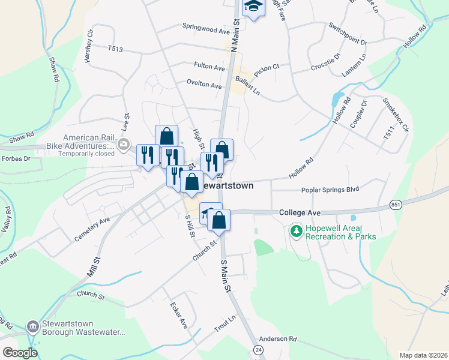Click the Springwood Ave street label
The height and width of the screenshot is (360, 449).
(206, 28)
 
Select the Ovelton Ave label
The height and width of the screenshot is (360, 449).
(204, 85)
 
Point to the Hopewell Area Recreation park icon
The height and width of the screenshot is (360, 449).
(295, 230)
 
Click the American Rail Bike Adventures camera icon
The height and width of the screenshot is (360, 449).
(124, 143)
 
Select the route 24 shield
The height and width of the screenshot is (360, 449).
(259, 349)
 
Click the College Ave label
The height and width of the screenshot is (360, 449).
(300, 213)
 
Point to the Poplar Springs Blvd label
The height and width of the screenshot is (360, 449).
(330, 190)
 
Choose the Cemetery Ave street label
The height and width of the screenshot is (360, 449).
(92, 229)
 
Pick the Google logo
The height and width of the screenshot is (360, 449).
(20, 352)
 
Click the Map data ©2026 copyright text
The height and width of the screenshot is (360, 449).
(423, 355)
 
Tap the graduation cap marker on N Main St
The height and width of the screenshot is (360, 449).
(253, 7)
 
